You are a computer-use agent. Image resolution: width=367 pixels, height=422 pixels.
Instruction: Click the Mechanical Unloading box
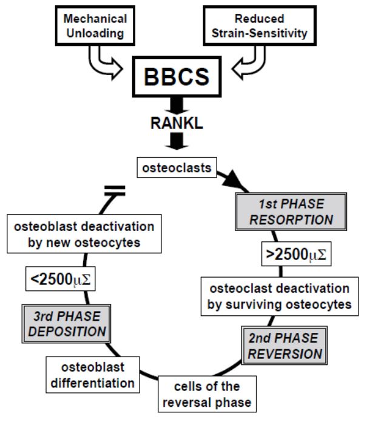(x=95, y=25)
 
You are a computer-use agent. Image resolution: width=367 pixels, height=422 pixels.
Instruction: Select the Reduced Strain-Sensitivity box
(x=260, y=25)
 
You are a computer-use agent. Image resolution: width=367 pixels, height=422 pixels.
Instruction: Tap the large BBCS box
(x=177, y=77)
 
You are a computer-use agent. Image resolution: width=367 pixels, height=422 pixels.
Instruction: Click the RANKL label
(x=177, y=123)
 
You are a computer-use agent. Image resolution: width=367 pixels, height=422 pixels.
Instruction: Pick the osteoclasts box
(x=177, y=168)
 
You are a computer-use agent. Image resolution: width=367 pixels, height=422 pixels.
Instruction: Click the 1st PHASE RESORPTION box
(x=291, y=212)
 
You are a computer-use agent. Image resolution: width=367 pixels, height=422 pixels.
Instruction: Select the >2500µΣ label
(x=296, y=254)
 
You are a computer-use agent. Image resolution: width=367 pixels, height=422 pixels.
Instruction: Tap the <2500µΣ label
(x=60, y=279)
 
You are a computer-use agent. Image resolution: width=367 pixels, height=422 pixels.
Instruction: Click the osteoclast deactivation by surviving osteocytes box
(x=280, y=296)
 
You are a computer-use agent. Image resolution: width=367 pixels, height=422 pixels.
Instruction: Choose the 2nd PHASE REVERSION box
(x=285, y=346)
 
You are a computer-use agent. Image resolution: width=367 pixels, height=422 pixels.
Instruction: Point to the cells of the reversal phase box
(x=207, y=394)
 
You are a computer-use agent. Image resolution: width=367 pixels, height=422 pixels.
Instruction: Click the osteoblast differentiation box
(x=93, y=375)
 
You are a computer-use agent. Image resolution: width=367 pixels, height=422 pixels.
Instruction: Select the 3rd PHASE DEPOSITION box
(x=66, y=324)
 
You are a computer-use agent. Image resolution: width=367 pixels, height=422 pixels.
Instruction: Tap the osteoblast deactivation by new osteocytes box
(x=84, y=234)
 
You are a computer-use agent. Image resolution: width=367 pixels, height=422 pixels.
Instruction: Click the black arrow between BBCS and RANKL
(x=177, y=105)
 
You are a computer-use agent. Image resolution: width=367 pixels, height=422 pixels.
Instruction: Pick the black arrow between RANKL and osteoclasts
(x=177, y=141)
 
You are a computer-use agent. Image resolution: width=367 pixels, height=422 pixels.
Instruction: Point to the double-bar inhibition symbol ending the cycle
(x=115, y=190)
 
